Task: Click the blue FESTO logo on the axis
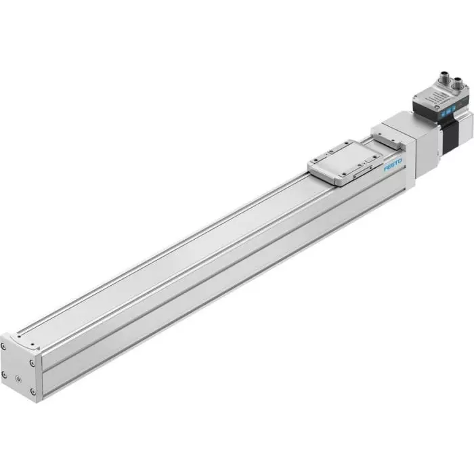pyautogui.click(x=393, y=165)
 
